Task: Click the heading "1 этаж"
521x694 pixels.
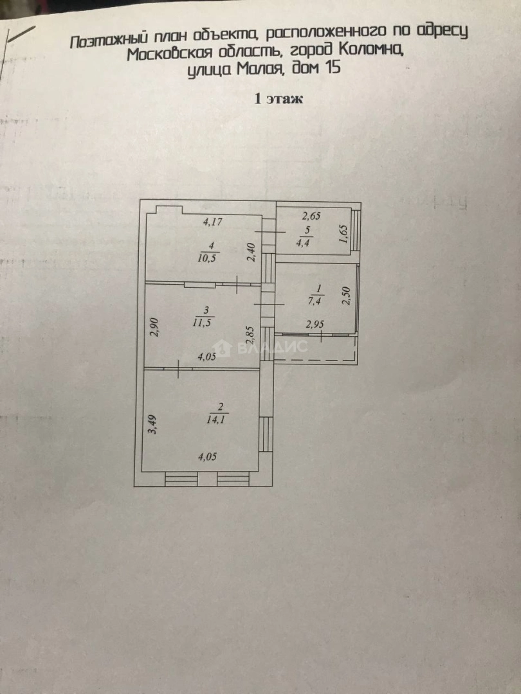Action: pyautogui.click(x=279, y=99)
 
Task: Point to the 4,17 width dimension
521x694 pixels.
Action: pyautogui.click(x=213, y=223)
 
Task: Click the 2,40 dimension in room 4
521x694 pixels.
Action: pyautogui.click(x=253, y=251)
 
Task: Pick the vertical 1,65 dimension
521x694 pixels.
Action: pyautogui.click(x=343, y=236)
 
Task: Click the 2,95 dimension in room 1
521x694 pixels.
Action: pyautogui.click(x=315, y=325)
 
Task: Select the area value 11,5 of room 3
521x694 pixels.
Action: pyautogui.click(x=205, y=321)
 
